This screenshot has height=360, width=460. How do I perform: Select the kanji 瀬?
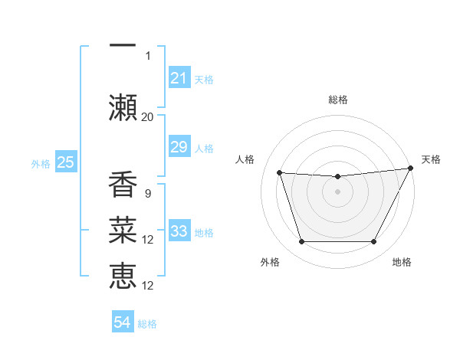click(123, 108)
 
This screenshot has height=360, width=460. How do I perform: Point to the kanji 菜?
click(123, 231)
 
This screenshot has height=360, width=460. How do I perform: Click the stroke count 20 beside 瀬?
click(147, 117)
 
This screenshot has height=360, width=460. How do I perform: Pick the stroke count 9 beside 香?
click(147, 194)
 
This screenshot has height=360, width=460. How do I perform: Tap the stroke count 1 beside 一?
click(148, 56)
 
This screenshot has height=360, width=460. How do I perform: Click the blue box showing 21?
click(179, 77)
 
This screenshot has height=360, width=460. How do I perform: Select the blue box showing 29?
click(179, 147)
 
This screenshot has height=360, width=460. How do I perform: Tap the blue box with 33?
click(179, 231)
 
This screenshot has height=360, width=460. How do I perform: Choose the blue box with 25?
click(65, 162)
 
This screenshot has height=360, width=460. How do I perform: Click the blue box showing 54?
click(123, 323)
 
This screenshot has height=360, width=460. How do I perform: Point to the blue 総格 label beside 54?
click(147, 324)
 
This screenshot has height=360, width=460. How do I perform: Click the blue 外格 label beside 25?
click(41, 162)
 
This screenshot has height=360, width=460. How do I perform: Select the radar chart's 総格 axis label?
click(338, 100)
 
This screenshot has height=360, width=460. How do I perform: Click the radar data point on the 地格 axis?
click(374, 242)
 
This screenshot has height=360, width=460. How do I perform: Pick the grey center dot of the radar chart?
click(338, 191)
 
